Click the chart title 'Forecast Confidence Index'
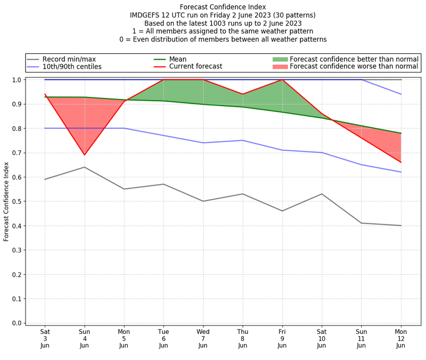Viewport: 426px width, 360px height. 223,6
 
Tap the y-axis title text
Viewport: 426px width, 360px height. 6,201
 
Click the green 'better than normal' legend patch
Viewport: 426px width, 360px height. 280,59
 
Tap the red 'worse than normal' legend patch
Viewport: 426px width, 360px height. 280,67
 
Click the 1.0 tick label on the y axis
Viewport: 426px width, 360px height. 18,80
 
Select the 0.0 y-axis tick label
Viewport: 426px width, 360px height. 18,323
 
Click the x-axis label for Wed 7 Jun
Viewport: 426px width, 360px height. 203,338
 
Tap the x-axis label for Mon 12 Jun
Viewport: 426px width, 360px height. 400,338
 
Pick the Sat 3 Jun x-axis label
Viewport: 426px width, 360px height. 45,338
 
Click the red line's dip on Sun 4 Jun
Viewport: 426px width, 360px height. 84,155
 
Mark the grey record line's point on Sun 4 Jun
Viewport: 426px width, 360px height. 84,167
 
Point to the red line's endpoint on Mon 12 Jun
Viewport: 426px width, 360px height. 400,162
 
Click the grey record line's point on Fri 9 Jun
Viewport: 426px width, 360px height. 282,211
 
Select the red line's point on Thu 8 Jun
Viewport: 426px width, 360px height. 242,94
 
